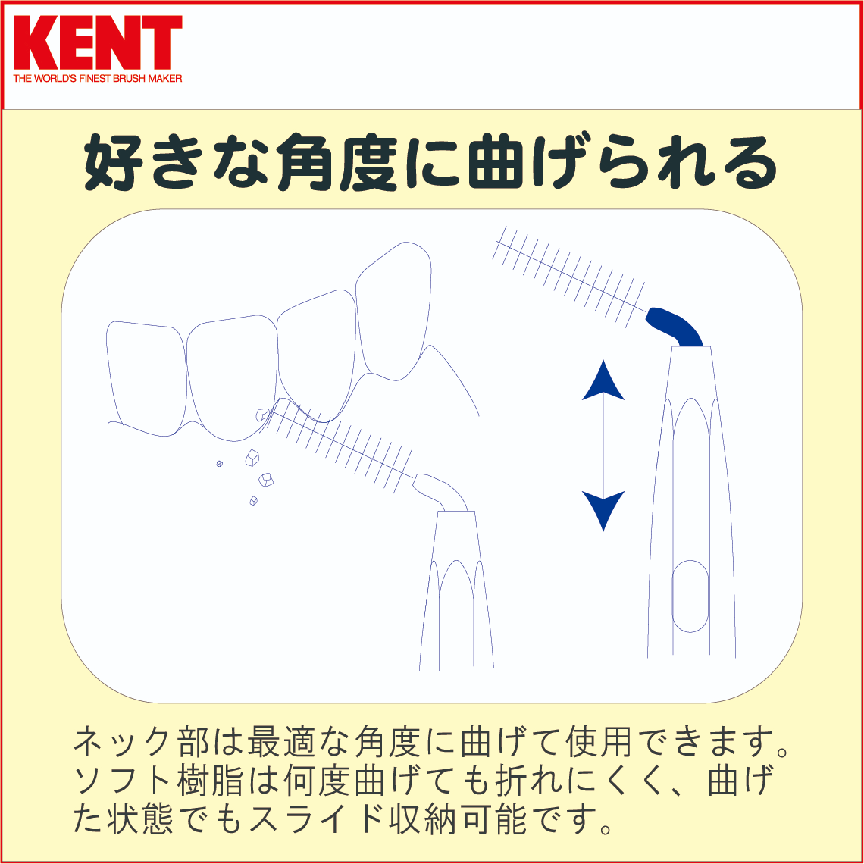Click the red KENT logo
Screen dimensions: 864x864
point(98,43)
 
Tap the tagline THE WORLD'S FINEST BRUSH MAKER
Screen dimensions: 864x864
point(98,79)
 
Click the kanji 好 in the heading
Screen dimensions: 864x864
point(114,162)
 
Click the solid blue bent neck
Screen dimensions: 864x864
point(675,327)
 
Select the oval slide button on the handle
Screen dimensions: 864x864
point(690,596)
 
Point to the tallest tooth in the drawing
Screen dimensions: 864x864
point(393,311)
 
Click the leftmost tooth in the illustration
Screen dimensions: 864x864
point(146,378)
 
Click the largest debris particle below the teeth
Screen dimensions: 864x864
point(252,458)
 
